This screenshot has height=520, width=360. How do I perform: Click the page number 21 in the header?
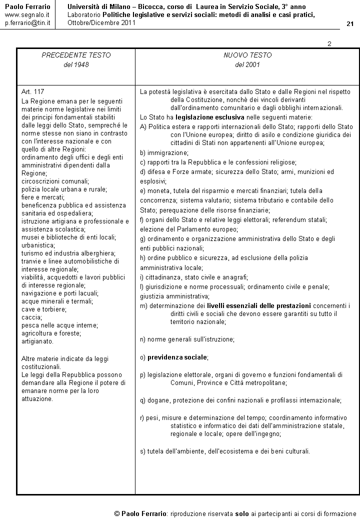click(x=349, y=24)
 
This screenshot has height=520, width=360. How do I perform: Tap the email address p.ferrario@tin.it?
click(x=27, y=23)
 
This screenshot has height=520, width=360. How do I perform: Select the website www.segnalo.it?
click(x=27, y=15)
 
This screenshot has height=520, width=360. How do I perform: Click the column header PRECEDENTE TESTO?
click(x=76, y=55)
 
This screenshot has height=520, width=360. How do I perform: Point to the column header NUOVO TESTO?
click(x=247, y=55)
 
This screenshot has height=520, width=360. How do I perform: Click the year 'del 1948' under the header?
click(x=76, y=64)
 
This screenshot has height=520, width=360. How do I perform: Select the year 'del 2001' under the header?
click(x=247, y=64)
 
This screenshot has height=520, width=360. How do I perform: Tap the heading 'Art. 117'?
click(x=33, y=92)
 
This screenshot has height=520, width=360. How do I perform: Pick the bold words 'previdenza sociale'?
click(x=177, y=357)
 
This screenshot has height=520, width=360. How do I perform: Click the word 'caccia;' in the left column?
click(x=31, y=317)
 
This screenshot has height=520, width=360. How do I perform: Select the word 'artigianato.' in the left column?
click(x=37, y=341)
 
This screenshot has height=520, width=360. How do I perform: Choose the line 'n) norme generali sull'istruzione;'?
click(x=187, y=339)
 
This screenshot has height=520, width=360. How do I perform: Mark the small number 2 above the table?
click(x=329, y=44)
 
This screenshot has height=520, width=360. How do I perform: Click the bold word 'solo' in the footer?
click(x=242, y=513)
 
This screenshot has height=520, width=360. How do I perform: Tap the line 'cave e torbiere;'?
click(x=44, y=309)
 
